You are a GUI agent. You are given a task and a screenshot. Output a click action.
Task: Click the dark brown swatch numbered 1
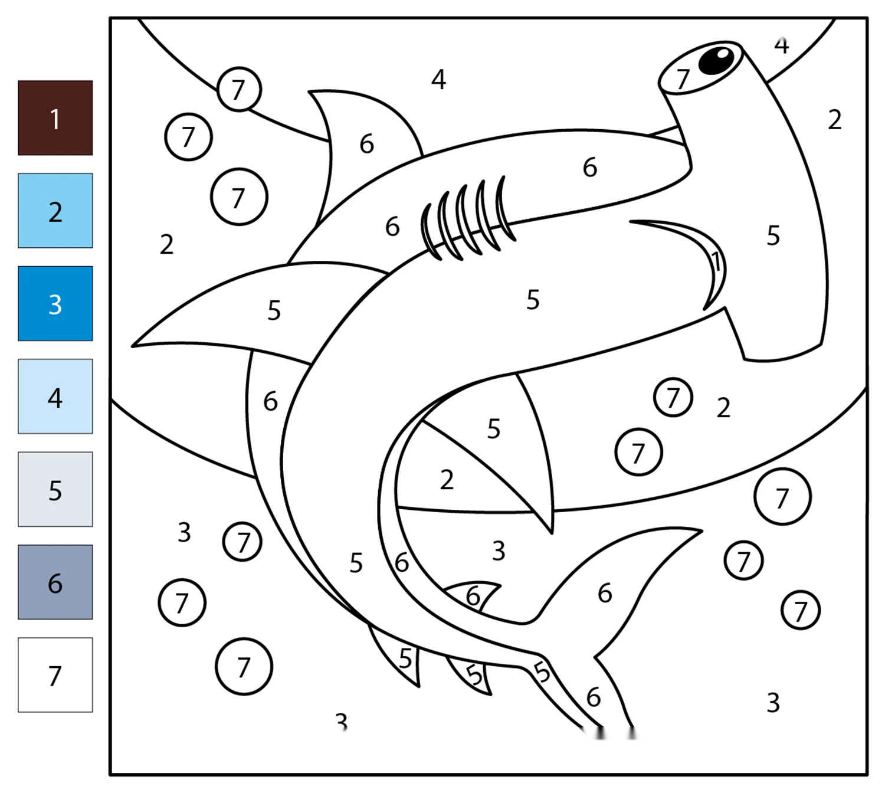click(x=55, y=117)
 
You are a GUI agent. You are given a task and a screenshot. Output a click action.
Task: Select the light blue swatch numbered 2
click(x=55, y=211)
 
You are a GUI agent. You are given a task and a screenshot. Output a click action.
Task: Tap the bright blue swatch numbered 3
click(x=55, y=303)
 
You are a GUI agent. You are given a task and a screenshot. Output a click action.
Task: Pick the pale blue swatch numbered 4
click(x=55, y=396)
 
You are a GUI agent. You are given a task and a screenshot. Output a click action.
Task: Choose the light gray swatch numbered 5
click(x=55, y=489)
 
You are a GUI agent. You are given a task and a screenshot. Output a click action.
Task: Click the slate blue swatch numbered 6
click(x=55, y=582)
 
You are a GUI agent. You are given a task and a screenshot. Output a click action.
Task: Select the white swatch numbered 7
click(x=55, y=674)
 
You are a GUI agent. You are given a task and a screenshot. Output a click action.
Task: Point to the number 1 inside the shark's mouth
click(x=715, y=262)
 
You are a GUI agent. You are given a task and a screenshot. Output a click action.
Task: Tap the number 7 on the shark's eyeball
click(x=682, y=79)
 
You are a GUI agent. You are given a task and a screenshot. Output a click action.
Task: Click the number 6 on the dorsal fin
click(x=367, y=144)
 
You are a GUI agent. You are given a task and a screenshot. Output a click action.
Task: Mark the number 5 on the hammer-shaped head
click(x=773, y=235)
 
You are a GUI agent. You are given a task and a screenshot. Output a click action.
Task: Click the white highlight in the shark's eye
click(x=723, y=54)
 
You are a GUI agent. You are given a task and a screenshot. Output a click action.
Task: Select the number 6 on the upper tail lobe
click(x=605, y=594)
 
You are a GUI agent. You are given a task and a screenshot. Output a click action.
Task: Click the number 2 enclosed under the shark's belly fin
click(x=447, y=480)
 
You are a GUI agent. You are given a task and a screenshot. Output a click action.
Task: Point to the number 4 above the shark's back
click(x=438, y=80)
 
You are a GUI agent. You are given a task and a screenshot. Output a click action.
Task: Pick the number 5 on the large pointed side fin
click(x=274, y=310)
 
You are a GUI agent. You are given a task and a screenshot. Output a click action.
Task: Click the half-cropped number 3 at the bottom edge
click(x=342, y=721)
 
